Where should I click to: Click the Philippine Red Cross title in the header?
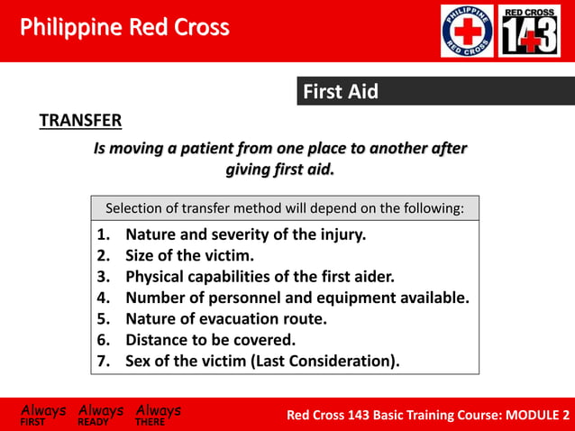124,27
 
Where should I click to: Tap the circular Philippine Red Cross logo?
466,31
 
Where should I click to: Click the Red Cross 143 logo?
529,31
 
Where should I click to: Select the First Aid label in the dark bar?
340,91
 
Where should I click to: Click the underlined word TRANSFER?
80,121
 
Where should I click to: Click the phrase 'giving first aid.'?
279,169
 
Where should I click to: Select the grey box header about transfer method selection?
285,208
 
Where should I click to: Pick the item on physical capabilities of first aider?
260,277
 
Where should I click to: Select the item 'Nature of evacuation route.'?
225,318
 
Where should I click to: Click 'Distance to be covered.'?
210,340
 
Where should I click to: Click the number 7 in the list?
102,362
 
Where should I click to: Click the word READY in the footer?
94,422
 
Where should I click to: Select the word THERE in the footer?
151,422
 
